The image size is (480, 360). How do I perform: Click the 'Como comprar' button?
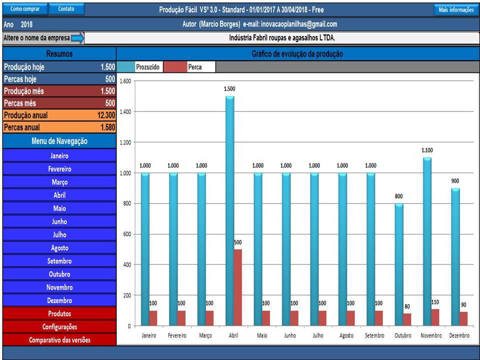tap(25, 9)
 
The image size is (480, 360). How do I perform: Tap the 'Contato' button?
tap(66, 9)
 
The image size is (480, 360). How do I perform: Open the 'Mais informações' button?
tap(456, 10)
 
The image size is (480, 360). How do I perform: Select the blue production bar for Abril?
tap(229, 210)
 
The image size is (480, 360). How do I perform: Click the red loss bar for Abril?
tap(238, 287)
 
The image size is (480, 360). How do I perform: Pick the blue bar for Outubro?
tap(399, 264)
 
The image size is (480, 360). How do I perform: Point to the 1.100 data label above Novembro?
tap(427, 150)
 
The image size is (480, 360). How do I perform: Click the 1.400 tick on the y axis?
tap(125, 111)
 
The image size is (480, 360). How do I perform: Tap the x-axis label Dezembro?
tap(459, 335)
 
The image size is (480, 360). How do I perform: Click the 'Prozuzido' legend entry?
tap(147, 67)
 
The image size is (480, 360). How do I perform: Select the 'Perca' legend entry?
tap(194, 67)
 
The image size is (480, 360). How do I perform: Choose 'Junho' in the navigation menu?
tap(59, 221)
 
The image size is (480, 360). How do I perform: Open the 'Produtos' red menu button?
tap(59, 313)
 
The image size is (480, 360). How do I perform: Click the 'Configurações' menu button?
tap(59, 326)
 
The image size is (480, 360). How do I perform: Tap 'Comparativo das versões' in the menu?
tap(59, 340)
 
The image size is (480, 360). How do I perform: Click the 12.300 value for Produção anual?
tap(106, 115)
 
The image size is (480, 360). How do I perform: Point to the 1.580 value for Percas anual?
tap(108, 127)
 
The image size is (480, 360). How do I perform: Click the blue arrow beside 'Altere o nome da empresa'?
tap(77, 38)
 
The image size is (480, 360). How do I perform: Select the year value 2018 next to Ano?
tap(26, 24)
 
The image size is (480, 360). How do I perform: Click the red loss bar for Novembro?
tap(435, 317)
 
